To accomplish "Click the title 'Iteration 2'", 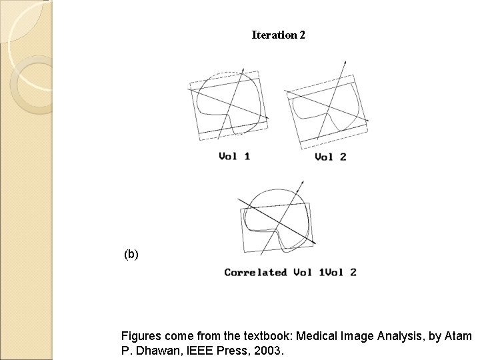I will pyautogui.click(x=278, y=35).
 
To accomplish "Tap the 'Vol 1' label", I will pyautogui.click(x=235, y=157).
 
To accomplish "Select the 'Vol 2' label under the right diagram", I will pyautogui.click(x=331, y=157).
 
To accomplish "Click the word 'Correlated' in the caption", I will pyautogui.click(x=255, y=272).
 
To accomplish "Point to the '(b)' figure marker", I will pyautogui.click(x=131, y=254).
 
